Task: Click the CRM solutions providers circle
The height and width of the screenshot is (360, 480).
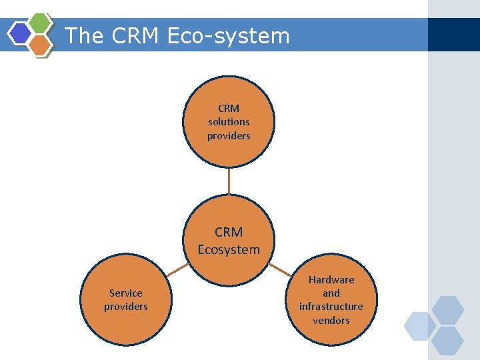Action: (x=229, y=121)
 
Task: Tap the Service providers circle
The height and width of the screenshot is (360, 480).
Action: (x=126, y=299)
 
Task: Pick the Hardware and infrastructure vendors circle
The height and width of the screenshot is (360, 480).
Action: (x=331, y=300)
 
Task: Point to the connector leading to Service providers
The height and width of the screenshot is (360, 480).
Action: (x=177, y=270)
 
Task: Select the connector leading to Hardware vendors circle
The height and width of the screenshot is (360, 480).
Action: (x=279, y=270)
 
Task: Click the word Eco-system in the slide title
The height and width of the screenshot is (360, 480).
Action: (x=229, y=35)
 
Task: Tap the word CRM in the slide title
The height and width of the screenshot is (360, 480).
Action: (x=135, y=35)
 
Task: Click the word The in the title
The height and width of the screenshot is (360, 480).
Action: (x=85, y=35)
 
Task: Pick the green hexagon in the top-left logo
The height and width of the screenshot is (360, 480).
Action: (x=40, y=22)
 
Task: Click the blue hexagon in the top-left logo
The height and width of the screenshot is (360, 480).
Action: (x=21, y=33)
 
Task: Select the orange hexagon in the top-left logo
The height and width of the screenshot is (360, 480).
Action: (x=40, y=45)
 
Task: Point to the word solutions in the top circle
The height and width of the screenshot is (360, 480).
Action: (x=229, y=122)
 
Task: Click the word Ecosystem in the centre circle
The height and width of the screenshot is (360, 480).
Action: (x=229, y=250)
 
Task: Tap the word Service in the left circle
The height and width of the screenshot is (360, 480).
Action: (x=126, y=293)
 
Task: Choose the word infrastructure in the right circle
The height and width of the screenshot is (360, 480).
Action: (x=331, y=307)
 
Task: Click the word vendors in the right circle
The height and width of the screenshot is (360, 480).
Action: (x=331, y=321)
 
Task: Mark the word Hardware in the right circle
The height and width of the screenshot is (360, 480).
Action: (x=331, y=279)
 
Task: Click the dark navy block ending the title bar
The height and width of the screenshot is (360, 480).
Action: (x=454, y=35)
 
